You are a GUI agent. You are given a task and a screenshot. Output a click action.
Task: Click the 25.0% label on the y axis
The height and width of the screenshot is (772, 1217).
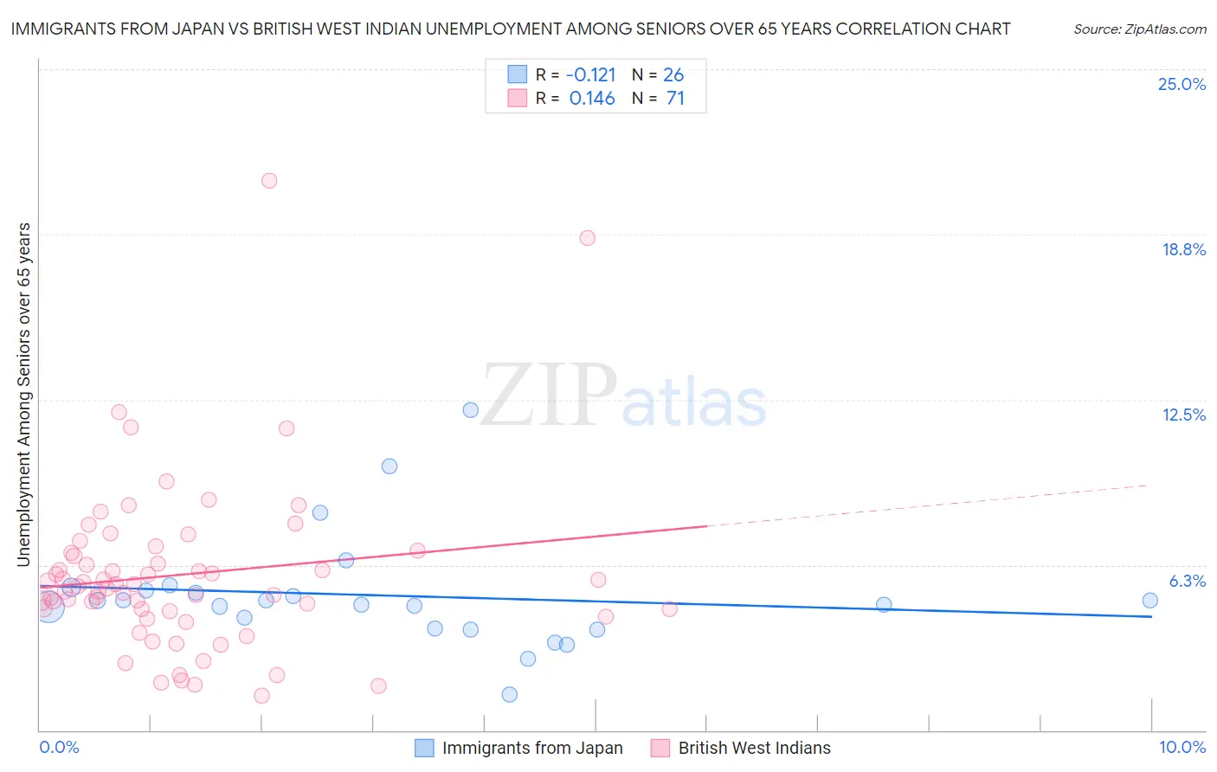[x=1182, y=84]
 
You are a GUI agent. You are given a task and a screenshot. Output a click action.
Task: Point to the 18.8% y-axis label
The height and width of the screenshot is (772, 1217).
[x=1183, y=249]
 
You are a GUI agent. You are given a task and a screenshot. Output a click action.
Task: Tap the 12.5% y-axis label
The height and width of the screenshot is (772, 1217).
[x=1183, y=415]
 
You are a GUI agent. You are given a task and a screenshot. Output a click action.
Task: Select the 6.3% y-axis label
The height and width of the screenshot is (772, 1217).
[x=1187, y=581]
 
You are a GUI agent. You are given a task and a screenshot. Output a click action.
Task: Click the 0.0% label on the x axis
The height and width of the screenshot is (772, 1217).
[x=59, y=747]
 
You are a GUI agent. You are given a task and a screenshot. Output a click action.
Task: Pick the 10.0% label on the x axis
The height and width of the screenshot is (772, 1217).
[x=1182, y=747]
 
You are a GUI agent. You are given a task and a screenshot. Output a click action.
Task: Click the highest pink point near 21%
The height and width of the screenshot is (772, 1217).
[x=269, y=181]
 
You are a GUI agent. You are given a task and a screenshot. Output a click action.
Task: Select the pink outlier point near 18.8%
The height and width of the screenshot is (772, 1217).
[x=588, y=238]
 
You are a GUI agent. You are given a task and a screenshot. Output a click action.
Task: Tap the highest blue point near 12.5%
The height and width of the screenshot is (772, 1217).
[x=471, y=410]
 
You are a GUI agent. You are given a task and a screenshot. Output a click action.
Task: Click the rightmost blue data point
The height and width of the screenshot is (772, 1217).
[x=1149, y=601]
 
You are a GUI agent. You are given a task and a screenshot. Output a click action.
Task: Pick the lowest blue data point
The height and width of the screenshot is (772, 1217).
[x=510, y=694]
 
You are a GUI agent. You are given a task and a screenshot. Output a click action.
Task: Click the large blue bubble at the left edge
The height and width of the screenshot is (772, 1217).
[x=48, y=607]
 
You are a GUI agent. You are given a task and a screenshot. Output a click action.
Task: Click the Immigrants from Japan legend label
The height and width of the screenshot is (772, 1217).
[x=532, y=748]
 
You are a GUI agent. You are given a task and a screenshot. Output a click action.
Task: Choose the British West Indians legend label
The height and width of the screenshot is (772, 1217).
[x=754, y=748]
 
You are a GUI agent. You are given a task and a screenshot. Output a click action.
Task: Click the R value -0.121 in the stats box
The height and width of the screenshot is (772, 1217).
[x=591, y=75]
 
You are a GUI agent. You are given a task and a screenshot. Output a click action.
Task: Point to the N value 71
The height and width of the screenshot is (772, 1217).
[x=675, y=99]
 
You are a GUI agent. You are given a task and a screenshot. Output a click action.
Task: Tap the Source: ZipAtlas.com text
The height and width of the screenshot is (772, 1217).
[x=1139, y=29]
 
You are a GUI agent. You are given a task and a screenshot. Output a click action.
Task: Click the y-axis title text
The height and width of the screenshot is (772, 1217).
[x=23, y=395]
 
